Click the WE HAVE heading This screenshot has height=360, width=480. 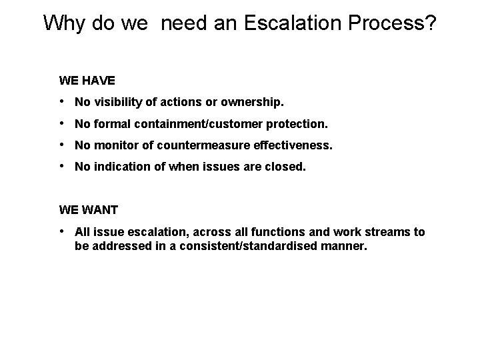(x=87, y=81)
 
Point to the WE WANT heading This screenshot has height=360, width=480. (x=89, y=210)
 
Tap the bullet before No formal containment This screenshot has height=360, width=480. (x=61, y=124)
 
